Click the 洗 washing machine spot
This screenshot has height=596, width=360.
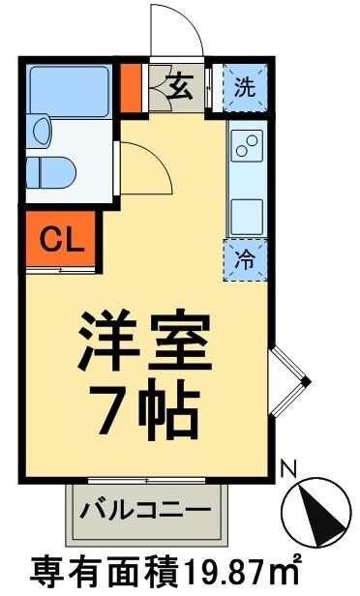(246, 87)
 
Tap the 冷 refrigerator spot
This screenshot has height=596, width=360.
(245, 258)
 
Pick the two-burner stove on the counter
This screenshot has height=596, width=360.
(246, 144)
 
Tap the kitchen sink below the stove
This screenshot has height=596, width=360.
(246, 210)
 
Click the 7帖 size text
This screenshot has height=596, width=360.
(145, 411)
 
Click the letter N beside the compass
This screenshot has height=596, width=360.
(285, 466)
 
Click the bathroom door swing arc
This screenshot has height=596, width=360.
(145, 166)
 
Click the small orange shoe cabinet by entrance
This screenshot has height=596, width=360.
(131, 87)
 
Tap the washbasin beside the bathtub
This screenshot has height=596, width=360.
(40, 129)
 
